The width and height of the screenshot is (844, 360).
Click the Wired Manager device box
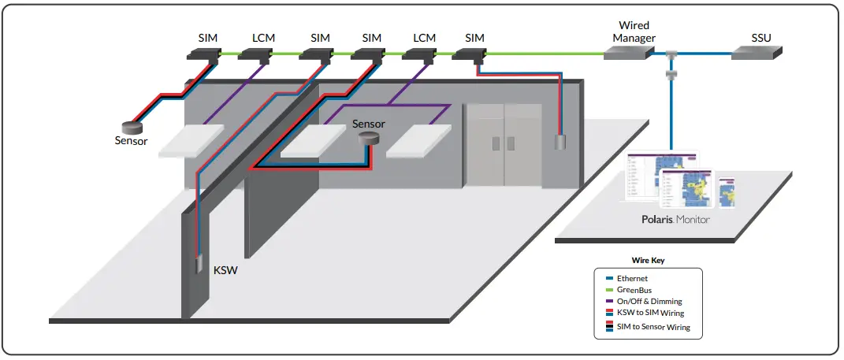[628, 52]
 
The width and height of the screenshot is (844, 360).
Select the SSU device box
[757, 52]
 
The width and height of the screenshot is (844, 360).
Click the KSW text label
[225, 270]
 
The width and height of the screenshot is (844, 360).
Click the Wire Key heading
[647, 259]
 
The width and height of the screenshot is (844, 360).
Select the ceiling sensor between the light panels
[369, 139]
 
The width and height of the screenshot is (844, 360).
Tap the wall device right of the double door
[560, 143]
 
